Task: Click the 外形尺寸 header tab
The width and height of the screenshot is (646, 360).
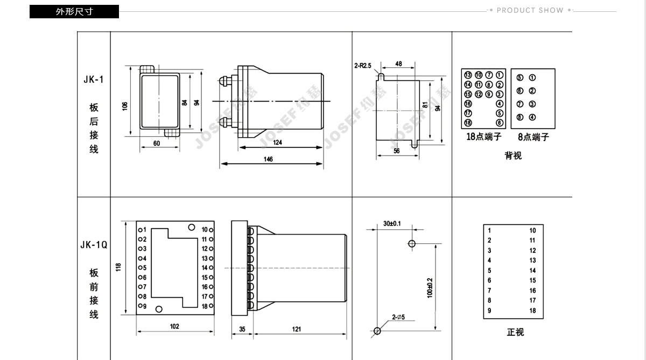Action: click(x=74, y=11)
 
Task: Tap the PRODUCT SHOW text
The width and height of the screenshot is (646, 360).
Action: click(x=530, y=10)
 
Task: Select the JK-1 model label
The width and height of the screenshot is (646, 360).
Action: click(x=93, y=80)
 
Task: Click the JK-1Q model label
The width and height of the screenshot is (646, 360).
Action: click(x=94, y=245)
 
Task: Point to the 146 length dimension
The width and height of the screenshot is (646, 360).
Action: click(x=268, y=159)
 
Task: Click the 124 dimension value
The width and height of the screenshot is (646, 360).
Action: click(x=278, y=143)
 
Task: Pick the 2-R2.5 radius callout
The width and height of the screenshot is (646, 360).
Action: click(x=363, y=66)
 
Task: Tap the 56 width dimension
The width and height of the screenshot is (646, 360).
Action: click(x=397, y=151)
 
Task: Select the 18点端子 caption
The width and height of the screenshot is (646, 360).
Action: click(x=483, y=137)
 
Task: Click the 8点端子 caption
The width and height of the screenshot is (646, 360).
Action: click(x=533, y=137)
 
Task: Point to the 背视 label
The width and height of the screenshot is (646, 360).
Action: click(x=513, y=156)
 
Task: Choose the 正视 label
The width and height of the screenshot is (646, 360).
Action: click(x=515, y=332)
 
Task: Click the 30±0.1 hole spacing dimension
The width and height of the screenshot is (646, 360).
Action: click(x=392, y=223)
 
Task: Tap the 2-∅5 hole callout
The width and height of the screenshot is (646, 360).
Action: click(x=398, y=317)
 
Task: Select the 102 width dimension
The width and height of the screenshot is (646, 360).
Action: click(x=174, y=327)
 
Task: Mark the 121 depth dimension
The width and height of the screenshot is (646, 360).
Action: click(x=297, y=329)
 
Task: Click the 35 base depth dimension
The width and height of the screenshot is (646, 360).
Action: click(x=242, y=329)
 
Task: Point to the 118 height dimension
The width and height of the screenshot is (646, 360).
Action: click(x=118, y=266)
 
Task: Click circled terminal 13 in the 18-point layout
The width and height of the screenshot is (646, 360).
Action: click(x=468, y=75)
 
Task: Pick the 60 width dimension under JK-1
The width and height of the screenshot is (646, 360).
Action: click(x=157, y=144)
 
